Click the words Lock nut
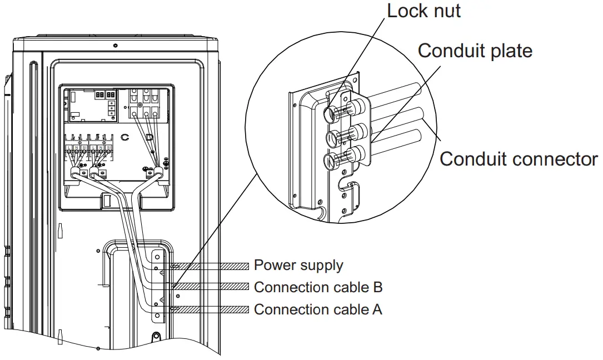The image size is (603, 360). [423, 11]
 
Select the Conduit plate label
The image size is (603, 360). [475, 51]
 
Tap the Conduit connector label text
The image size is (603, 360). [518, 159]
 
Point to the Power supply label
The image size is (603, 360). [298, 265]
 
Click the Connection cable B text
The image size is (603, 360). [318, 287]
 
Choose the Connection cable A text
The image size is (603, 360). [318, 309]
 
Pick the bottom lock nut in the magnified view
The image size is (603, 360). [330, 162]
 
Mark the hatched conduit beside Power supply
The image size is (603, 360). [208, 266]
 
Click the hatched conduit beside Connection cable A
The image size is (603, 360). [208, 309]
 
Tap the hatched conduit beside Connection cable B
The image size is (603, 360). [208, 287]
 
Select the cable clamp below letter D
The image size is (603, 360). [151, 174]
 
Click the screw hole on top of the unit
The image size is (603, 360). [114, 44]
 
